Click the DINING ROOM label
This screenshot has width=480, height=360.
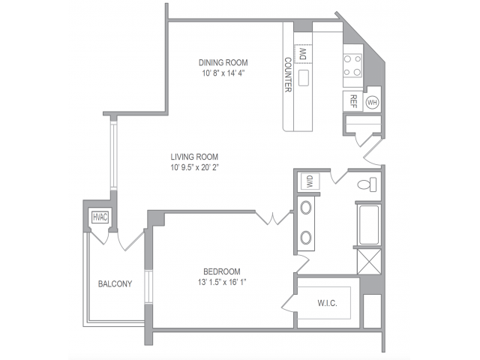pyautogui.click(x=223, y=63)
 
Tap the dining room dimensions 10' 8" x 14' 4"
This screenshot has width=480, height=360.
pyautogui.click(x=223, y=73)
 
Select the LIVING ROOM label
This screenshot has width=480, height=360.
pyautogui.click(x=194, y=157)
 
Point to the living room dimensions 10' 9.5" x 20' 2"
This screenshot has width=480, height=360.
pyautogui.click(x=195, y=168)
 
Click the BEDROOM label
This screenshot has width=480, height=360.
pyautogui.click(x=222, y=271)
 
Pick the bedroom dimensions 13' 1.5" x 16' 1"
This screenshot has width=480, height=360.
pyautogui.click(x=222, y=282)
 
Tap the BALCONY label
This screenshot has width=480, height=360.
pyautogui.click(x=115, y=284)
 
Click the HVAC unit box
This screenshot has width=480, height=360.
pyautogui.click(x=100, y=217)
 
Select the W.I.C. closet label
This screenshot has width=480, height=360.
pyautogui.click(x=327, y=303)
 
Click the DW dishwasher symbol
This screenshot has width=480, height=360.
pyautogui.click(x=303, y=54)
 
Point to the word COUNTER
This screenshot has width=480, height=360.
pyautogui.click(x=288, y=75)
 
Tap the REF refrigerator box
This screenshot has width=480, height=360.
pyautogui.click(x=353, y=101)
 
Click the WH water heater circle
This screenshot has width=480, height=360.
pyautogui.click(x=372, y=102)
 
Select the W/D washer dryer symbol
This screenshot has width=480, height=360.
pyautogui.click(x=310, y=181)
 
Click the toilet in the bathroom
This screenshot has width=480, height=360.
pyautogui.click(x=367, y=184)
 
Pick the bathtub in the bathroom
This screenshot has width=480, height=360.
pyautogui.click(x=369, y=225)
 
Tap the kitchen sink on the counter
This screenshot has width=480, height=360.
pyautogui.click(x=303, y=78)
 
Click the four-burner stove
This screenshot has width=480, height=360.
pyautogui.click(x=352, y=65)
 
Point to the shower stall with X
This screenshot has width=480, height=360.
pyautogui.click(x=369, y=262)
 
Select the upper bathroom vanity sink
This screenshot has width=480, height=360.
pyautogui.click(x=306, y=208)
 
